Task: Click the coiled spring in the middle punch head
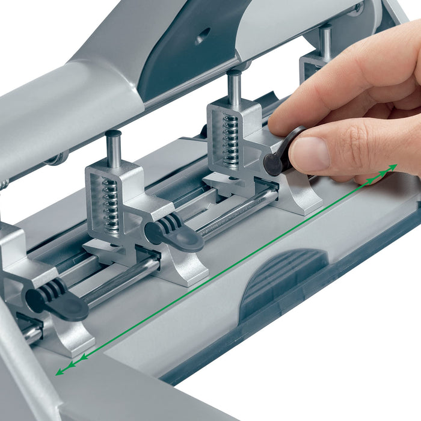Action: (110, 204)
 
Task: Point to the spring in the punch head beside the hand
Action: (231, 140)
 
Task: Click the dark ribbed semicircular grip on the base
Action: (283, 279)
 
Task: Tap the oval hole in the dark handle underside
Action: (203, 35)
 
